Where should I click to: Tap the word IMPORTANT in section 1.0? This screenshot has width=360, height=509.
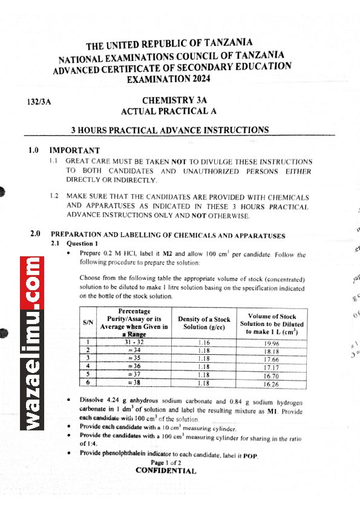[74, 151]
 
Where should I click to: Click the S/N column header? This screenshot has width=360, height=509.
[88, 323]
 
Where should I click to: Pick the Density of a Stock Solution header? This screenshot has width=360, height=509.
[204, 323]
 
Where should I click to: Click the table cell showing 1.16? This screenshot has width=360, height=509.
[204, 343]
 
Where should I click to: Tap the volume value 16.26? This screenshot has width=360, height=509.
[271, 383]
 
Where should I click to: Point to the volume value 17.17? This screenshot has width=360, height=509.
[271, 367]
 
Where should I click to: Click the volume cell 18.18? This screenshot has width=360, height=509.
[271, 351]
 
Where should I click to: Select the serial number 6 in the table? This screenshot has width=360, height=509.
[88, 383]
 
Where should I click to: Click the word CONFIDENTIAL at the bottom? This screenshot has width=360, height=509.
[165, 470]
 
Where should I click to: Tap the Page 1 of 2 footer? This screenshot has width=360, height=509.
[165, 462]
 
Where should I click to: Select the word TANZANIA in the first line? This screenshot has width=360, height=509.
[228, 44]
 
